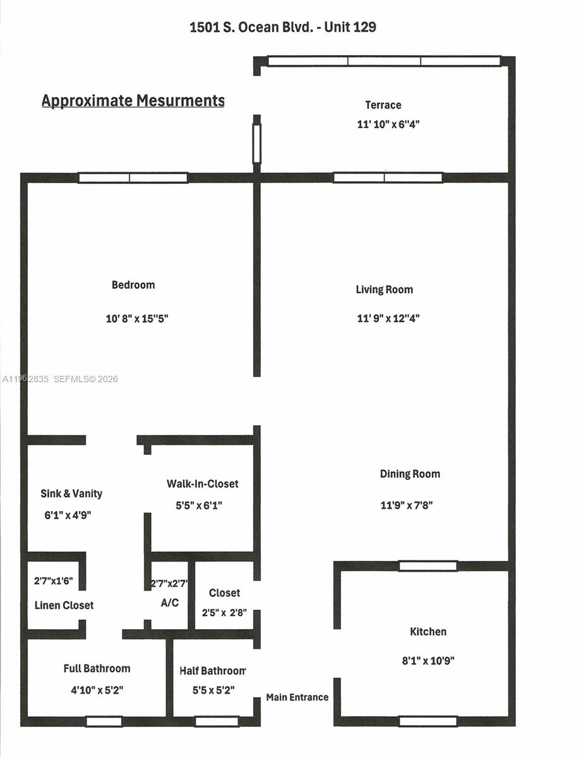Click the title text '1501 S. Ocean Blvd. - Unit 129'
click(x=283, y=27)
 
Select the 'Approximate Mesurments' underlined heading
click(x=133, y=100)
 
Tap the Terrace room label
click(x=383, y=105)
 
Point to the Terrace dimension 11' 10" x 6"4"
click(x=388, y=124)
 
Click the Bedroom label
click(x=133, y=285)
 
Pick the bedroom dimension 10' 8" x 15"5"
click(x=136, y=319)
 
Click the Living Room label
click(x=384, y=289)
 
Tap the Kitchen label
click(x=428, y=632)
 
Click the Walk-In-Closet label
click(x=203, y=484)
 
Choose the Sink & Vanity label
click(x=71, y=493)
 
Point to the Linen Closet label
click(x=64, y=605)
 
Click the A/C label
click(x=170, y=603)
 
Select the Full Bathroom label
click(x=97, y=668)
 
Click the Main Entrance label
click(x=297, y=697)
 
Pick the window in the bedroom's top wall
click(x=133, y=178)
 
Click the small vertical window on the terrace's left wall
click(x=257, y=144)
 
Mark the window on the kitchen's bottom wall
click(x=428, y=721)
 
